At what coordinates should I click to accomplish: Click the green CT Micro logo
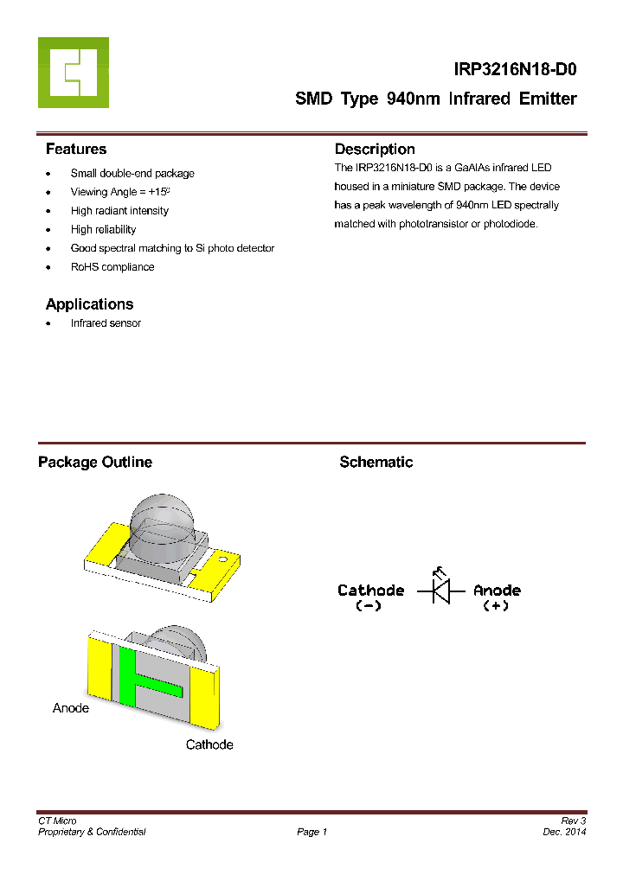point(74,73)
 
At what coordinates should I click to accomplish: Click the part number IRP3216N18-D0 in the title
point(516,70)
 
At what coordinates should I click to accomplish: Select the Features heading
point(76,149)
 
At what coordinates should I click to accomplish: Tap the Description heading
point(375,149)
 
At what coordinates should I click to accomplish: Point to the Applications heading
point(89,304)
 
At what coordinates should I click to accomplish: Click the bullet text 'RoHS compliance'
point(112,267)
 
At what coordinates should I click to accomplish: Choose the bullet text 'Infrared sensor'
point(106,323)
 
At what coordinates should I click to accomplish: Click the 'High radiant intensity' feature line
point(119,211)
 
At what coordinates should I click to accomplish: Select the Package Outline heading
point(95,463)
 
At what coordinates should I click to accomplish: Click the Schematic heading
point(376,463)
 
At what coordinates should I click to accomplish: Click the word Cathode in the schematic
point(370,591)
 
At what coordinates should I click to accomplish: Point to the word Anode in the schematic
point(497,591)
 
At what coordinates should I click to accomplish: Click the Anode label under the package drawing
point(71,708)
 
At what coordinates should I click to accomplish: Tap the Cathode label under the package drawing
point(209,744)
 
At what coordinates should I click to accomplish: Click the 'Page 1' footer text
point(311,832)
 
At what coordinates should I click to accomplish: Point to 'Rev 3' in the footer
point(574,821)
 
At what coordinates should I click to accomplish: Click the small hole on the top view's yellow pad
point(223,561)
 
